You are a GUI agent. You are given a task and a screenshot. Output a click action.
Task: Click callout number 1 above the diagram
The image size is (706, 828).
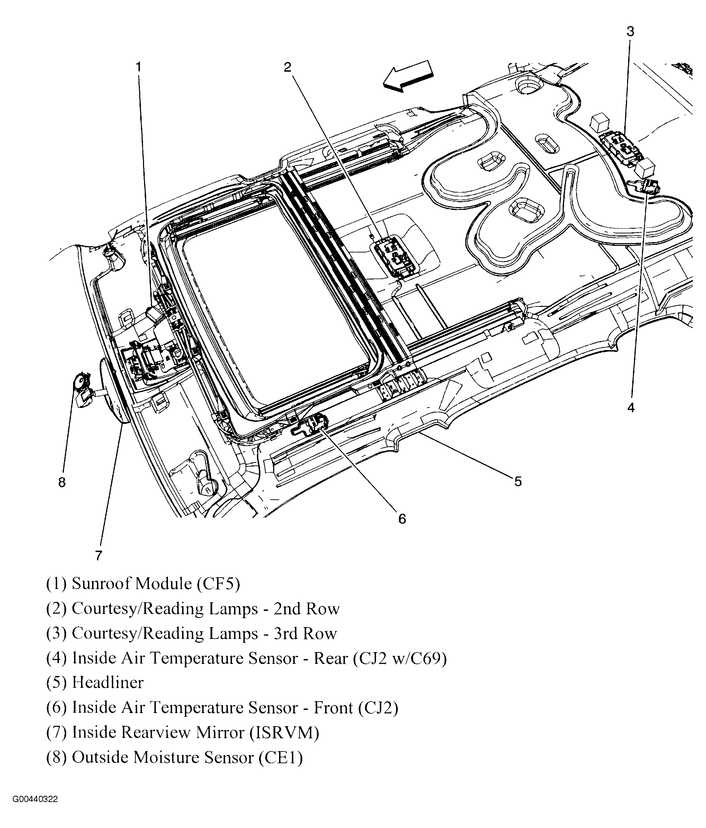point(138,67)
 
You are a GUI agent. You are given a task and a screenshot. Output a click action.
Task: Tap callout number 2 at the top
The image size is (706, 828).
point(288,67)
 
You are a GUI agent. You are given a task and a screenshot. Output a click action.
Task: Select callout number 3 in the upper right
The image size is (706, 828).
point(630,32)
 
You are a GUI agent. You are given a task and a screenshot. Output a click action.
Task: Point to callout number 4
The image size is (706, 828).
point(631,408)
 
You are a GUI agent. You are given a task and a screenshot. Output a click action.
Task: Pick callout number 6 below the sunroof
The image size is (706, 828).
point(402,519)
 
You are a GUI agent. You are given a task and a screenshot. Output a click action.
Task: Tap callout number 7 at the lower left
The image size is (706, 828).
point(99,555)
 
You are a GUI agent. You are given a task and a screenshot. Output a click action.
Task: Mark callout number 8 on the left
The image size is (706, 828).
point(62,483)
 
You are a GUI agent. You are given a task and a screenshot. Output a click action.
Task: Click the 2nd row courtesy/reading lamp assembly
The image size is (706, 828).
point(394,256)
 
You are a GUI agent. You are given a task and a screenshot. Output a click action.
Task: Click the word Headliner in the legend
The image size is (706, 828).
point(107,683)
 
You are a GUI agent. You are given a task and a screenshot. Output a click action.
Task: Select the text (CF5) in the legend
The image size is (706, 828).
point(218,584)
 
